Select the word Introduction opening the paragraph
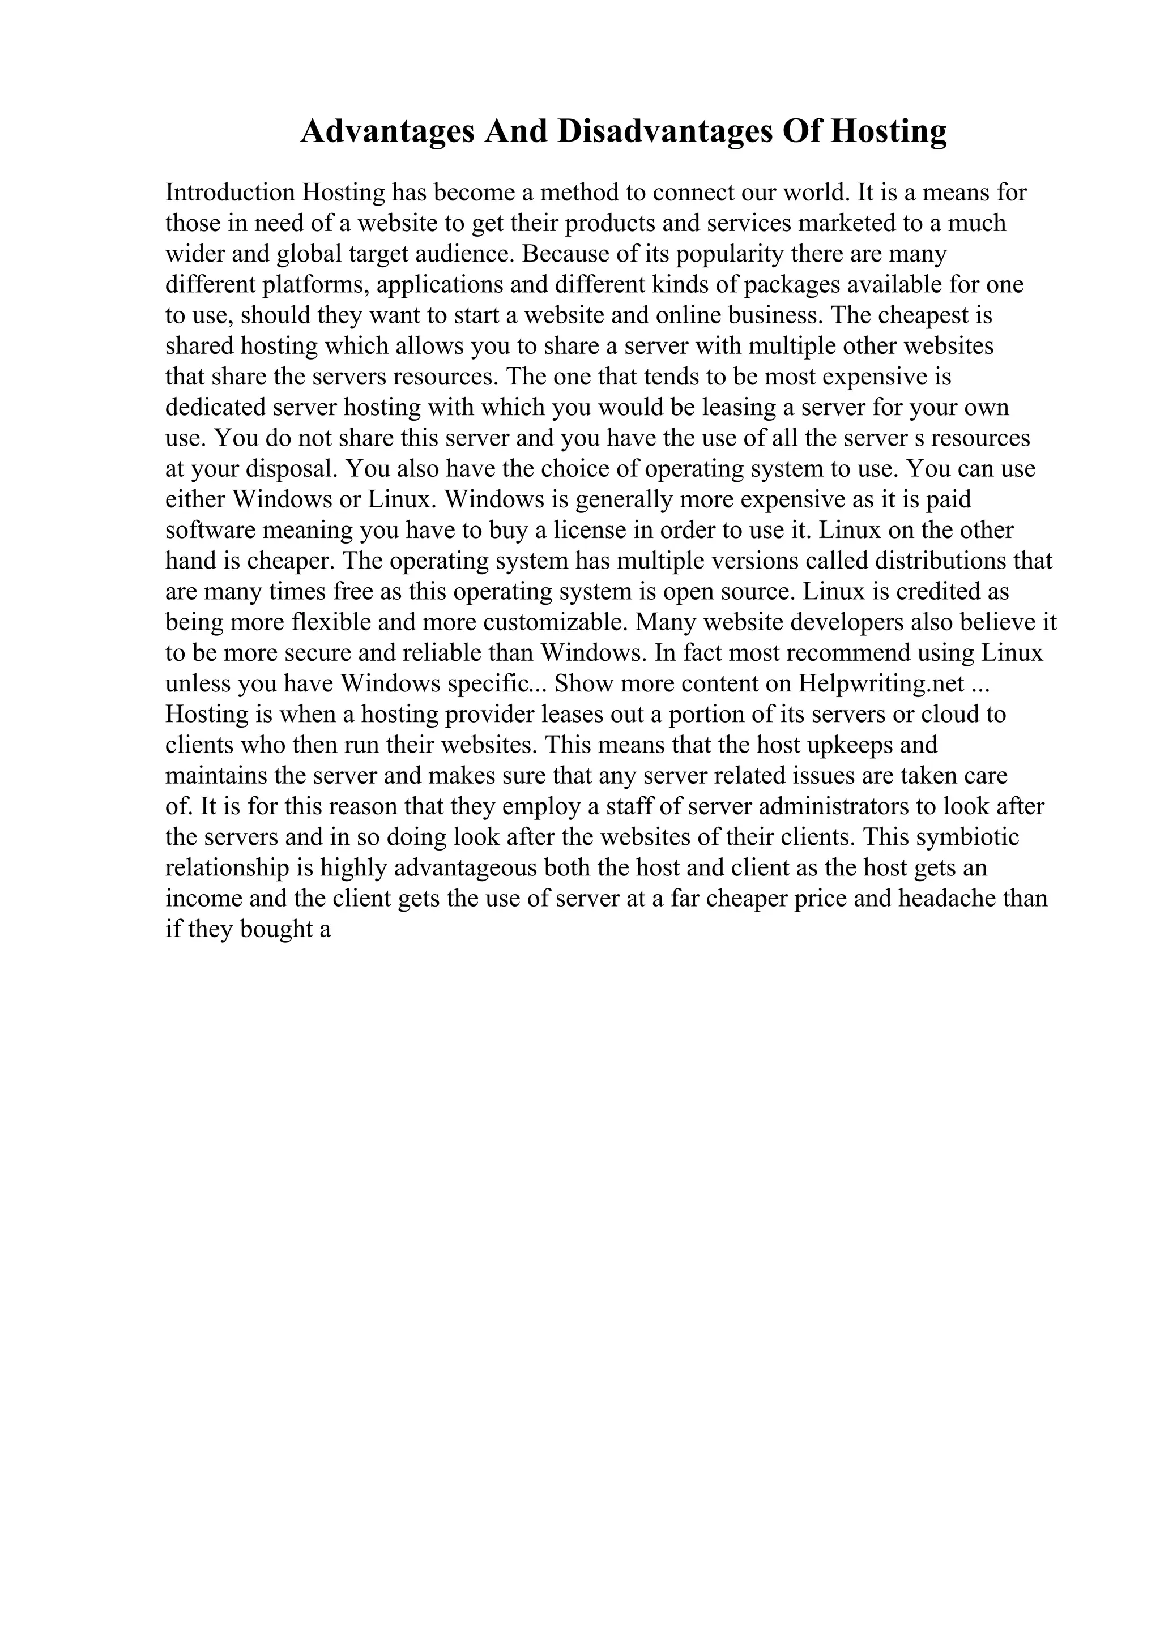click(230, 193)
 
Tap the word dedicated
click(215, 407)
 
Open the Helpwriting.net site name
click(881, 684)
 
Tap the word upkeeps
click(848, 745)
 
